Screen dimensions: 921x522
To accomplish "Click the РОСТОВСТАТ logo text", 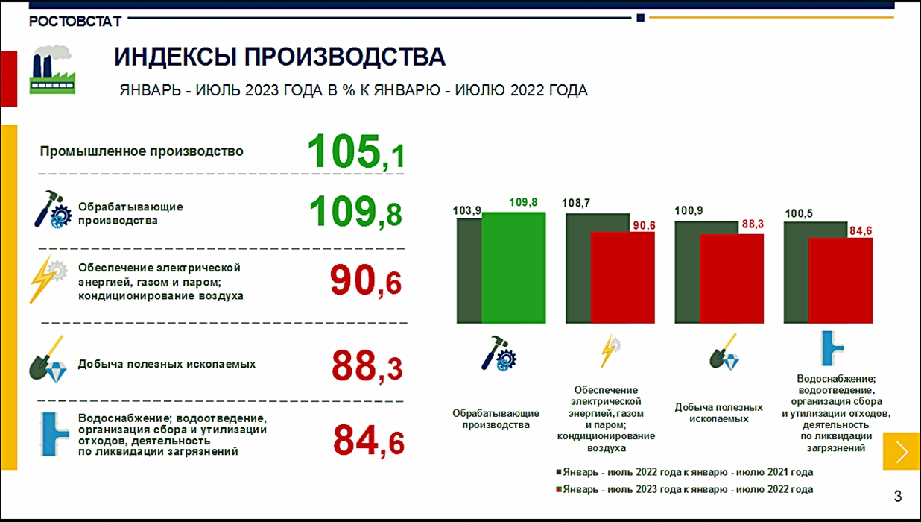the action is pyautogui.click(x=75, y=22).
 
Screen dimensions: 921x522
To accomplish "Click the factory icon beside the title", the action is pyautogui.click(x=52, y=69).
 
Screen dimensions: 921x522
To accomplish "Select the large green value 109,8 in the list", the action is pyautogui.click(x=355, y=212).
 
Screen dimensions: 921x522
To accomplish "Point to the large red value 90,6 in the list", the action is pyautogui.click(x=366, y=280).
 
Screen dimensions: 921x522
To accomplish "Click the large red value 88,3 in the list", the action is pyautogui.click(x=367, y=365).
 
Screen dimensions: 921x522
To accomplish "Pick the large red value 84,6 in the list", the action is pyautogui.click(x=369, y=441).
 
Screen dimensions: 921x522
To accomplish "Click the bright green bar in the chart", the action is pyautogui.click(x=513, y=268).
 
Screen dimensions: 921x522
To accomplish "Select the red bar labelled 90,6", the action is pyautogui.click(x=622, y=277).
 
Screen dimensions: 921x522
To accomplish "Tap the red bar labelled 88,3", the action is pyautogui.click(x=732, y=279).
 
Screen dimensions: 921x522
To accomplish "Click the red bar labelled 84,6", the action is pyautogui.click(x=841, y=280).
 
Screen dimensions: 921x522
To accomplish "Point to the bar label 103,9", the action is pyautogui.click(x=466, y=210).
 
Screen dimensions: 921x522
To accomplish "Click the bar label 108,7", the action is pyautogui.click(x=575, y=203).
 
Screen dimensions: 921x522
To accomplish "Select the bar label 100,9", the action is pyautogui.click(x=689, y=210).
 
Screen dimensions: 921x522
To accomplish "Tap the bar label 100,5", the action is pyautogui.click(x=799, y=213).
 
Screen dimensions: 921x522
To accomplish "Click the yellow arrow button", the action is pyautogui.click(x=902, y=451).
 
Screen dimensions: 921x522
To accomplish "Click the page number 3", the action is pyautogui.click(x=898, y=496).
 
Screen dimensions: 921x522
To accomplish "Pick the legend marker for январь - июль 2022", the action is pyautogui.click(x=559, y=472).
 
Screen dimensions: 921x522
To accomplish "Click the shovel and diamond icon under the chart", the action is pyautogui.click(x=724, y=352).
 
